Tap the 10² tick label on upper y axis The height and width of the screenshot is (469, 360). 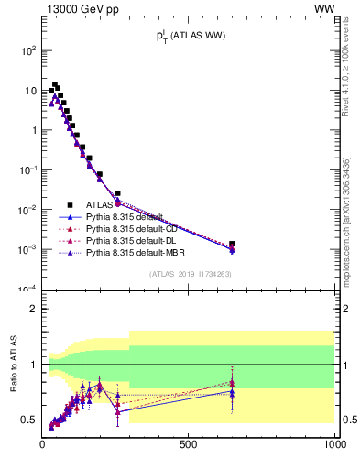point(28,50)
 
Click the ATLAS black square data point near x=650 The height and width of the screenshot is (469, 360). point(232,245)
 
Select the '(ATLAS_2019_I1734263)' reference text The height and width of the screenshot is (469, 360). point(190,274)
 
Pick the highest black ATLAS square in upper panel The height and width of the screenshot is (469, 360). point(55,84)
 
